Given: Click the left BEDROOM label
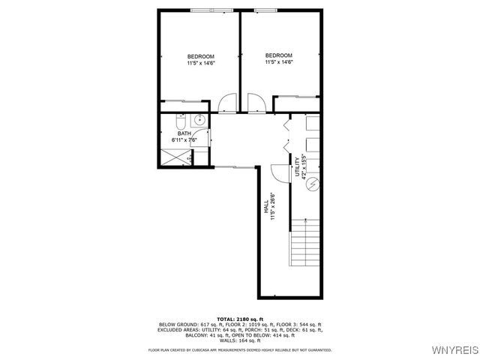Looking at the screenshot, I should tap(200, 57).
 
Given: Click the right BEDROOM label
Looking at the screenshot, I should tap(278, 55).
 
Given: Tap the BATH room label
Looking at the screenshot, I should tap(184, 133).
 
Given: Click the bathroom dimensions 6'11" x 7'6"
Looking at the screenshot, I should tap(184, 140).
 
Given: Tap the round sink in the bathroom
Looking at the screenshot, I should tap(200, 120).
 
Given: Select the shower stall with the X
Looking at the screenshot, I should tap(174, 157).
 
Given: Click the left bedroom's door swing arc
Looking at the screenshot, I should tap(229, 102).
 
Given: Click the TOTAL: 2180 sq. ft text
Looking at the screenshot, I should tap(240, 319).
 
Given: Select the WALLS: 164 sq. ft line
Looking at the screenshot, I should tap(240, 340).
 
